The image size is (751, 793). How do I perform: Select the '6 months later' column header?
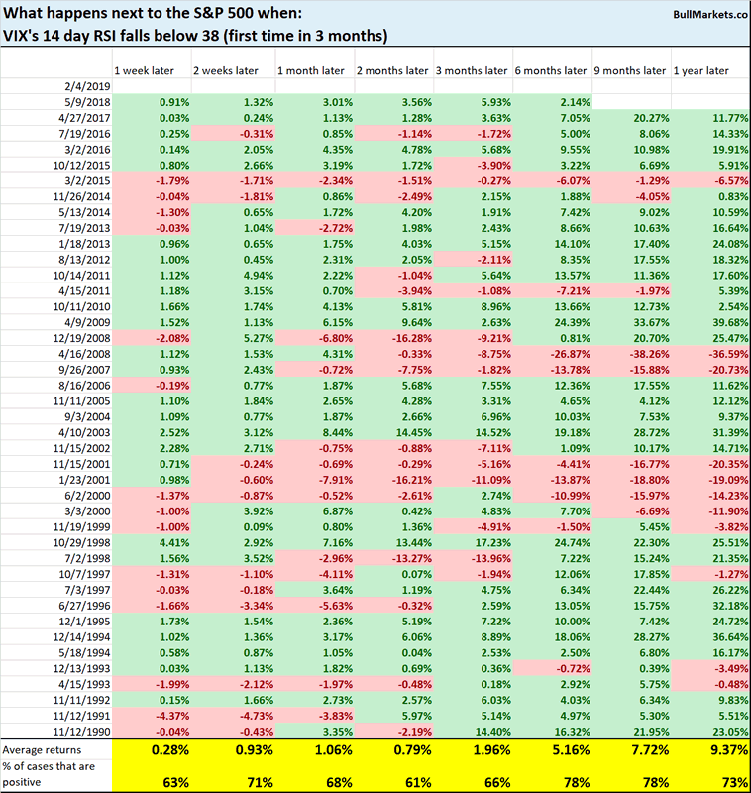(550, 70)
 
